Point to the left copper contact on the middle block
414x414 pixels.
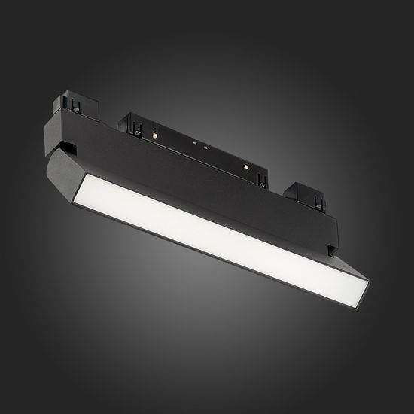[x=154, y=133]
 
